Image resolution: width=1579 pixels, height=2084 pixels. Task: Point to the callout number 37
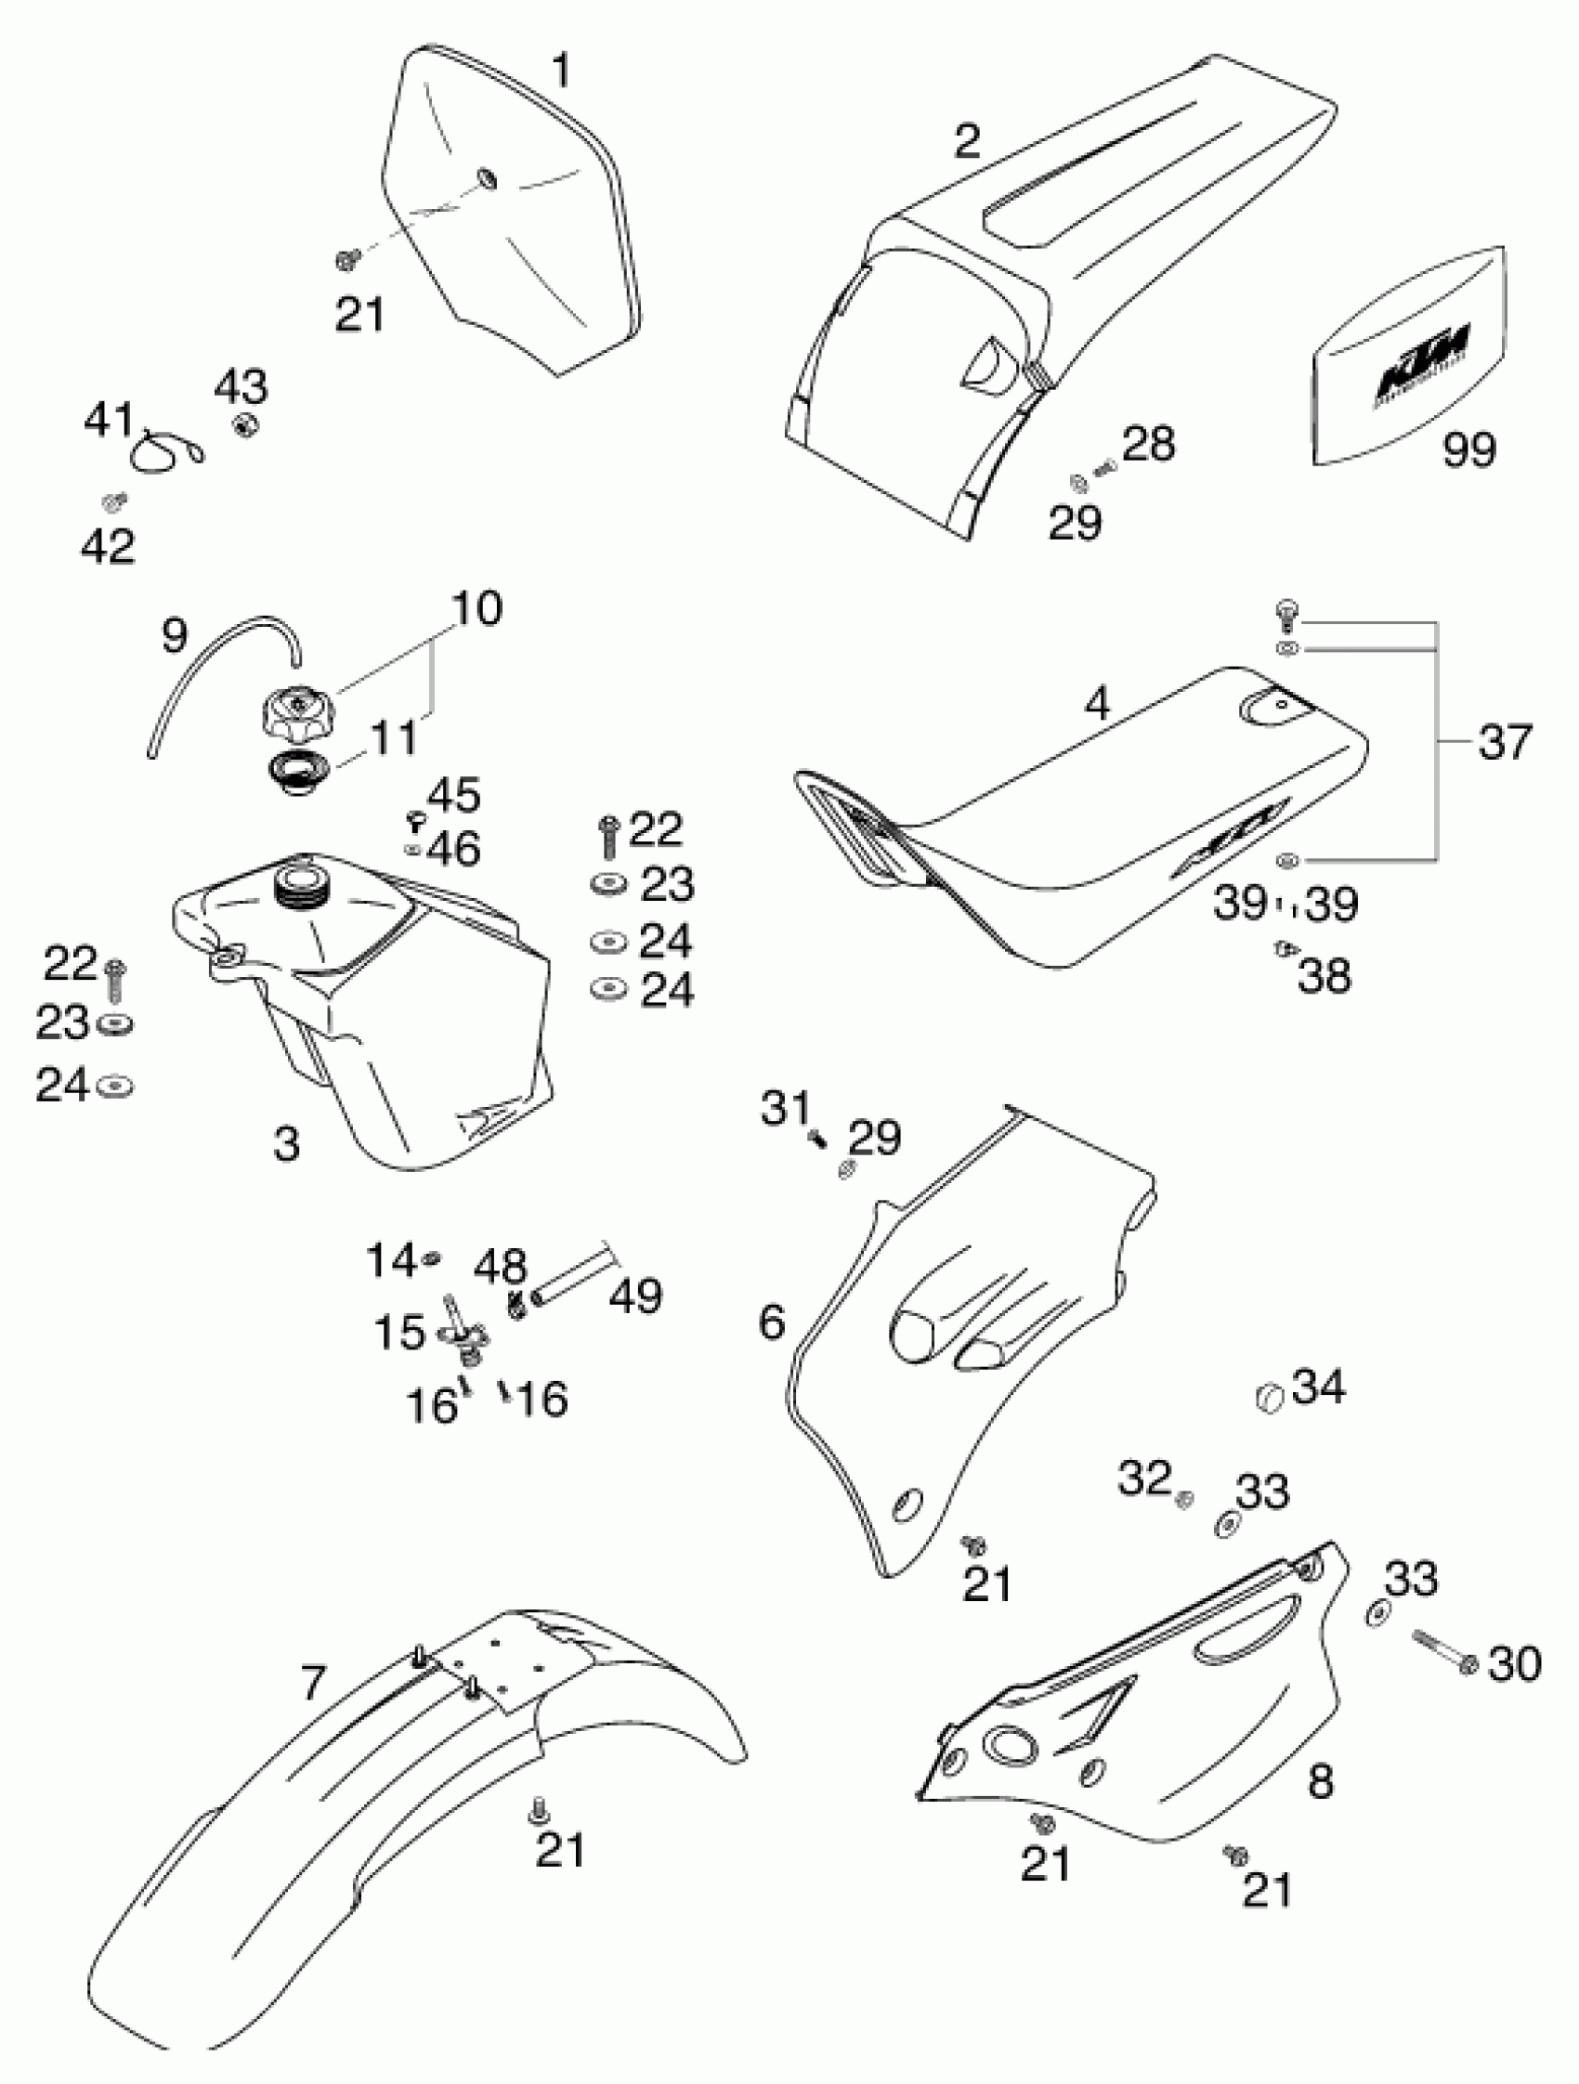(1505, 741)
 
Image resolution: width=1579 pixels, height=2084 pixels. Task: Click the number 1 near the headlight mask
(561, 71)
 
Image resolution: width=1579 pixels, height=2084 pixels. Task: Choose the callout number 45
(454, 795)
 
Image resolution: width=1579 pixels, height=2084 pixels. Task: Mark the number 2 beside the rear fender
(968, 141)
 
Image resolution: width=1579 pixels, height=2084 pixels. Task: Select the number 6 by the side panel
(772, 1322)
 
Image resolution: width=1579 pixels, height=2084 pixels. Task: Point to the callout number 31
(786, 1108)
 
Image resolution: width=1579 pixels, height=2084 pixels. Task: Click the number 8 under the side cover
(1321, 1780)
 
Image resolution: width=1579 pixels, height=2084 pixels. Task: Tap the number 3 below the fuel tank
(286, 1144)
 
